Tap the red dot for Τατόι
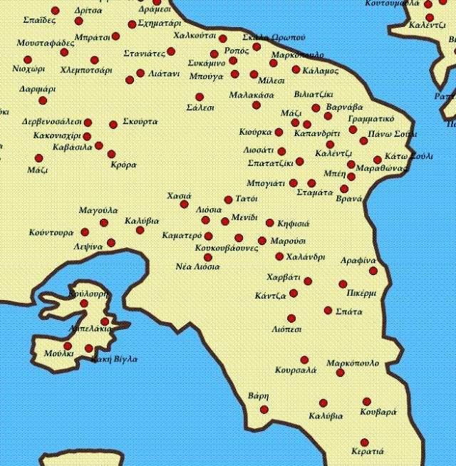coord(228,200)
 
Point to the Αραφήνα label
coord(358,261)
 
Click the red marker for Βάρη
coord(264,409)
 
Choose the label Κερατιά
coord(368,451)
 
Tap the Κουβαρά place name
coord(378,413)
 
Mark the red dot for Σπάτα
coord(328,310)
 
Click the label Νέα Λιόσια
coord(197,266)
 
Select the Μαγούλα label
coord(98,210)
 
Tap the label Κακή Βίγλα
coord(114,358)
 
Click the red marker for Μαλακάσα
coord(256,105)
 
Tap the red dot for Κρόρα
coord(111,154)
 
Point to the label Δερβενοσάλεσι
coord(52,122)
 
